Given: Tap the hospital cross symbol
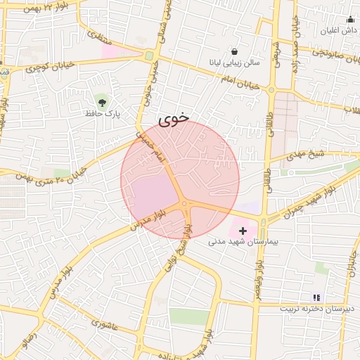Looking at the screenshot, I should [x=243, y=230].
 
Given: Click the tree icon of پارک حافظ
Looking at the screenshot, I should [x=103, y=103].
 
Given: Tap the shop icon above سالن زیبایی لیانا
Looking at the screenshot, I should [x=233, y=52].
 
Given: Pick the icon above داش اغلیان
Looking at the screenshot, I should [x=349, y=20].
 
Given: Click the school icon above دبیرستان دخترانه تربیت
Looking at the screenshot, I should [x=316, y=298].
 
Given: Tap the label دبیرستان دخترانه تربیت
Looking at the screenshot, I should [x=318, y=309].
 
